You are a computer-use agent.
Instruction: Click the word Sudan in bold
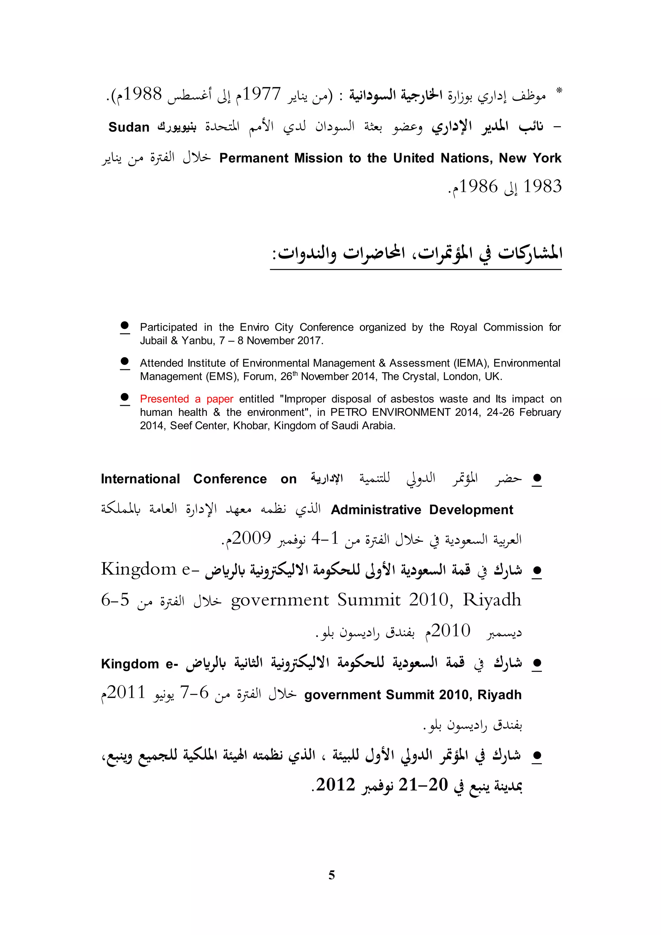pyautogui.click(x=129, y=128)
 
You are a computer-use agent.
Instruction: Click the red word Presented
pyautogui.click(x=164, y=399)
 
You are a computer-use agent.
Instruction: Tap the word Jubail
pyautogui.click(x=153, y=341)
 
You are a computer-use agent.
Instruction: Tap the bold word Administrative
pyautogui.click(x=376, y=510)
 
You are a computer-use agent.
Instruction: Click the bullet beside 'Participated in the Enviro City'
pyautogui.click(x=125, y=326)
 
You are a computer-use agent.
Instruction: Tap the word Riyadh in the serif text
pyautogui.click(x=492, y=600)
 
